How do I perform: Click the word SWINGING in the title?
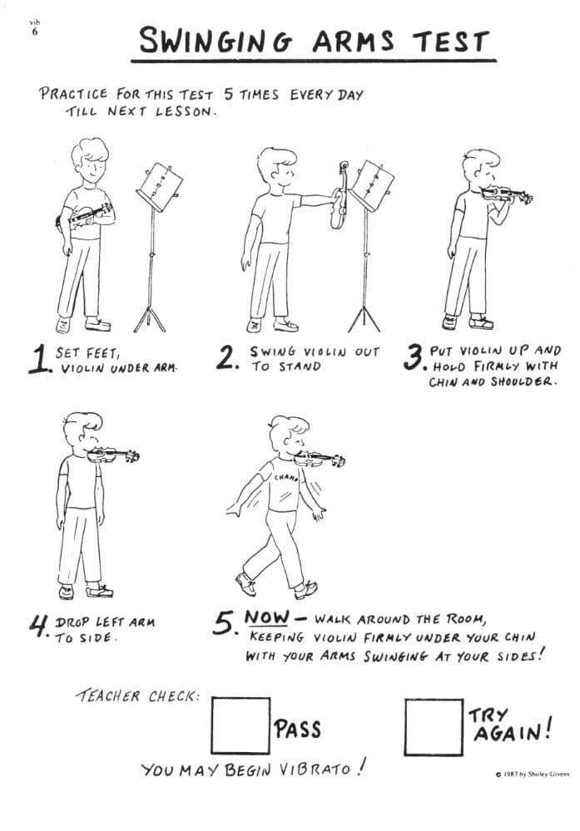pos(216,41)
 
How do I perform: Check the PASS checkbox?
pos(240,725)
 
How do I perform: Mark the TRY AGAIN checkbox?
pos(434,727)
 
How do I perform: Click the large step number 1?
pos(40,359)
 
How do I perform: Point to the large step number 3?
pos(414,357)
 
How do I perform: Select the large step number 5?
pos(225,623)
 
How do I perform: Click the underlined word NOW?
pos(267,617)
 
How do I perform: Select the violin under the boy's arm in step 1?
pos(84,216)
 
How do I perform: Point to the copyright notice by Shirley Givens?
pos(533,774)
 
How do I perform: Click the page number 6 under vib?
pos(35,32)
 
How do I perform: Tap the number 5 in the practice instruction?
pos(229,95)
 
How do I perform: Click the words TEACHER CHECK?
pos(138,696)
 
